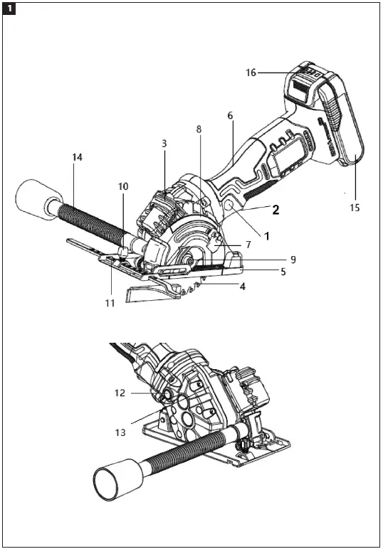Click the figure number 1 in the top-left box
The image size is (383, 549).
click(10, 9)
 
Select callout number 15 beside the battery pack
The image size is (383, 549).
click(355, 208)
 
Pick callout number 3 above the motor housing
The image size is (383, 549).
click(164, 143)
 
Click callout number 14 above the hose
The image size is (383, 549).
click(77, 156)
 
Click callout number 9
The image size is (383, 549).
click(293, 260)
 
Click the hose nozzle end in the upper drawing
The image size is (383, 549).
click(31, 194)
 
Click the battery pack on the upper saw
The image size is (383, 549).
click(335, 128)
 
